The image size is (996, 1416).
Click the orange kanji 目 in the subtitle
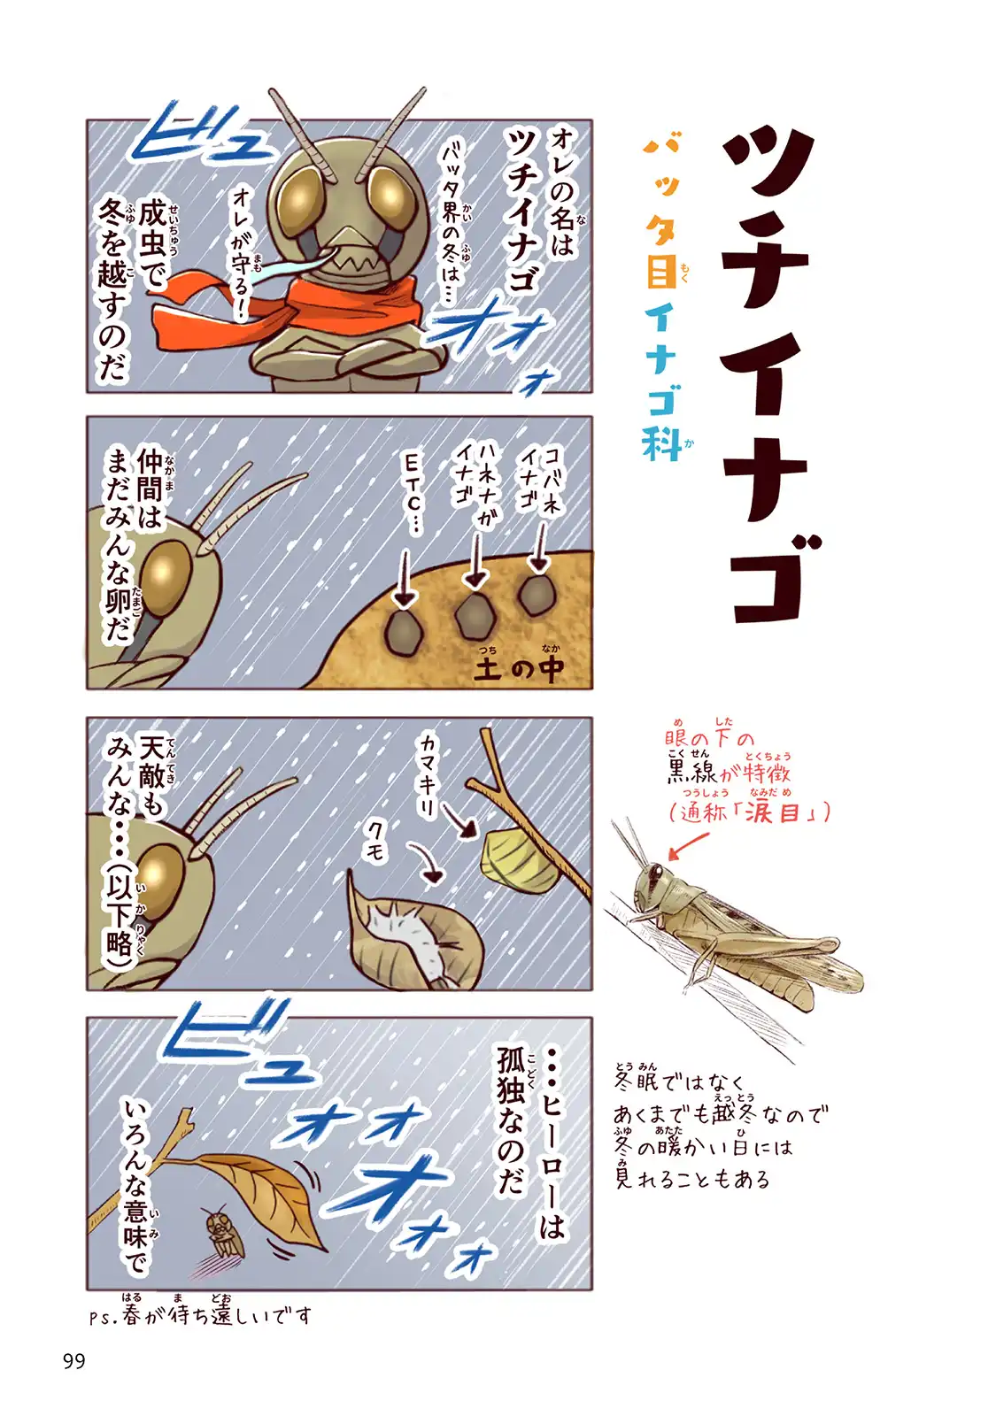click(660, 271)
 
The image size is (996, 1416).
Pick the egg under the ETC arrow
click(403, 632)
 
